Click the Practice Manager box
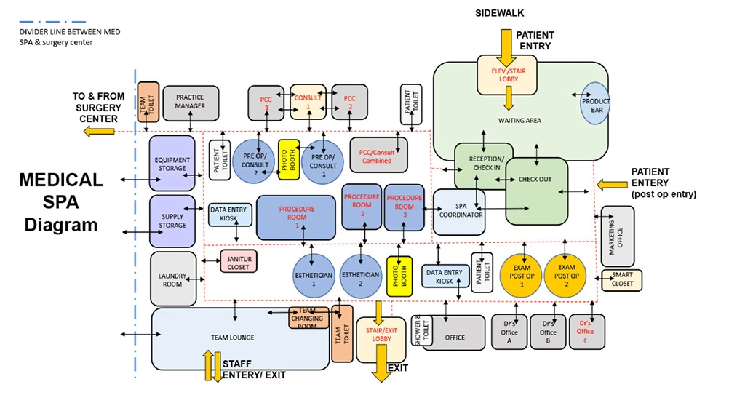click(190, 102)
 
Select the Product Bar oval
click(595, 105)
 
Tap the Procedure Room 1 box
click(296, 217)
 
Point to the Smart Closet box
click(622, 279)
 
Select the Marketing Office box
click(618, 236)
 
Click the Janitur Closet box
click(239, 262)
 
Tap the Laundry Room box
click(173, 279)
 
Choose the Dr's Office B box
click(548, 332)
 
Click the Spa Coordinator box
click(459, 212)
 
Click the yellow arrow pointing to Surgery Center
click(100, 131)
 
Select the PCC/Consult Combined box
click(378, 155)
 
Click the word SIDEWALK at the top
click(500, 13)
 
